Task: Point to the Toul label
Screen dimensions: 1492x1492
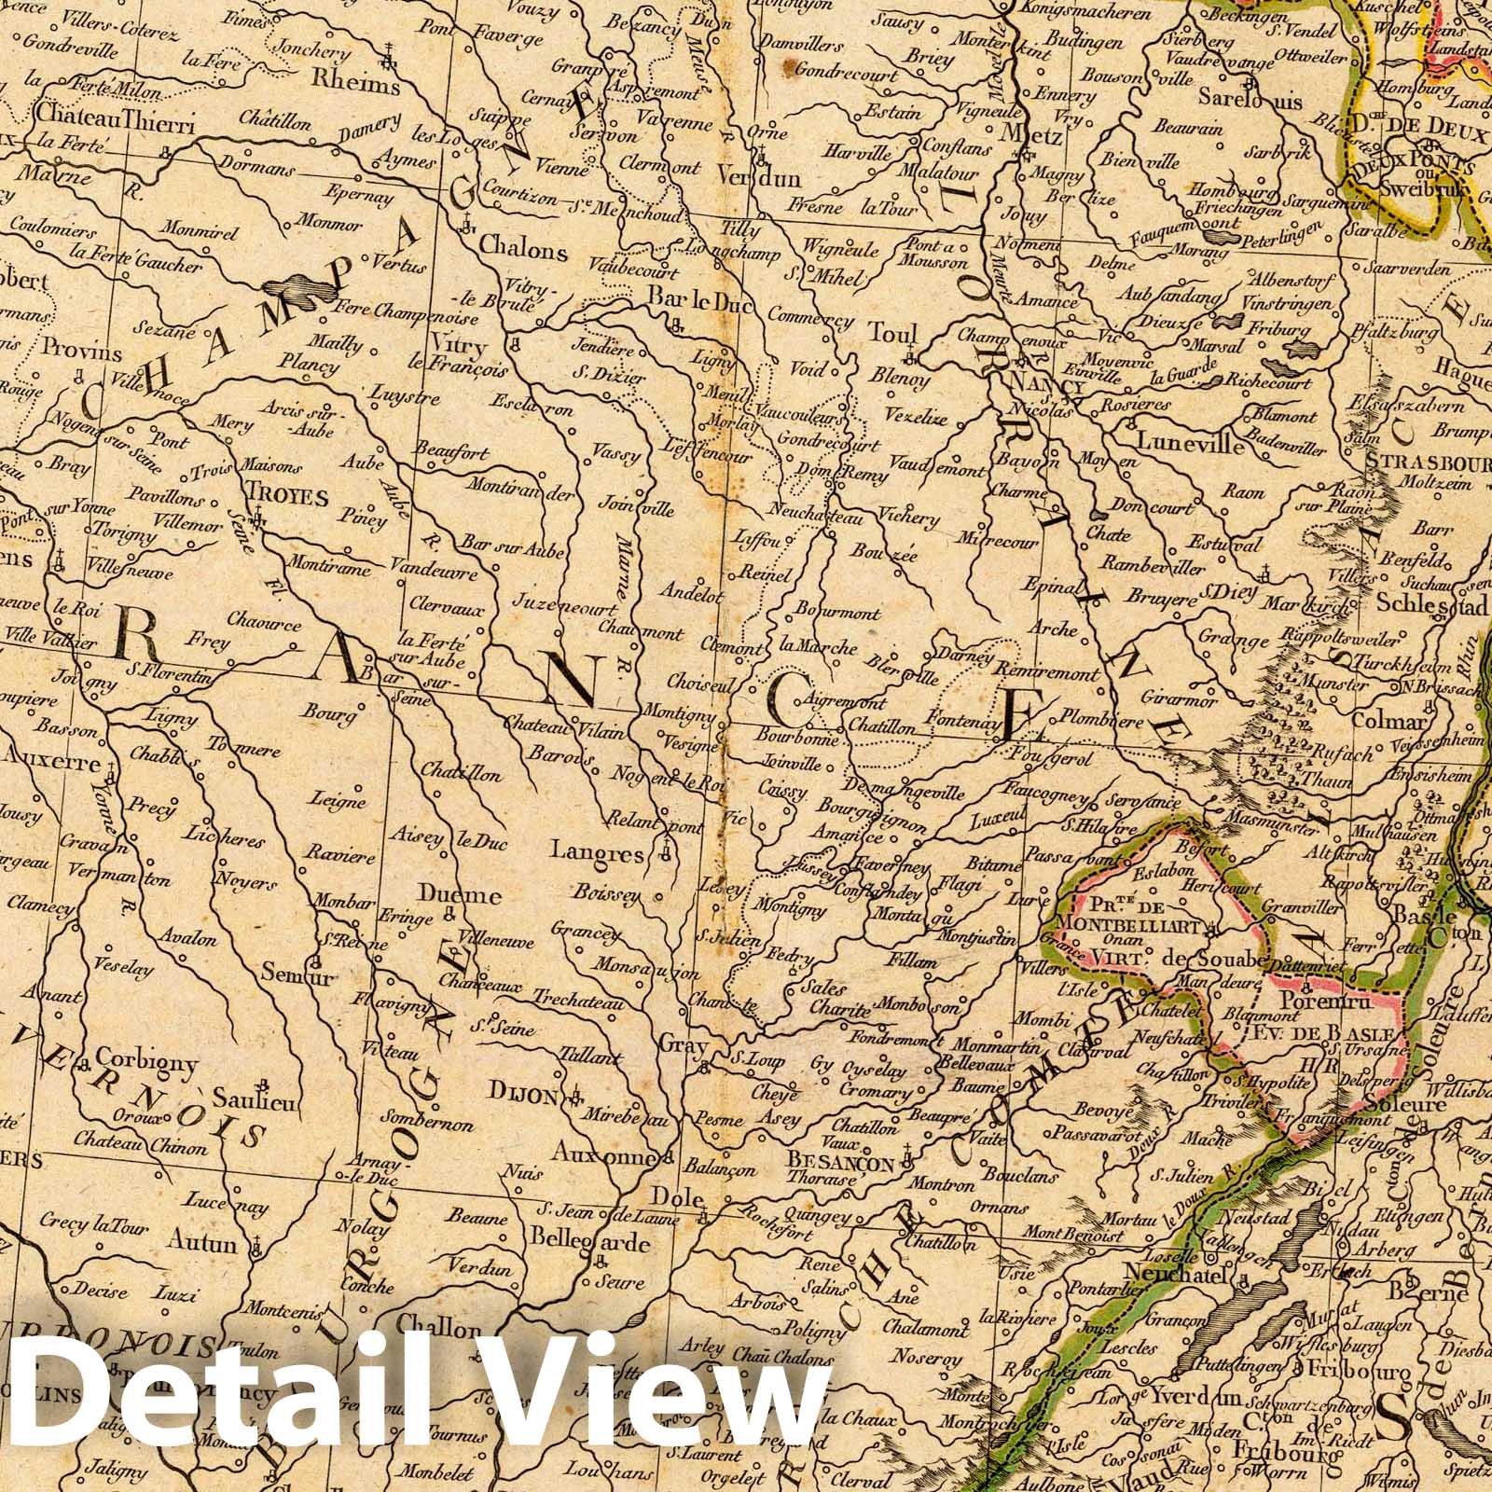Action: [892, 334]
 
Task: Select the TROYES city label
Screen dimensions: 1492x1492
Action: [287, 498]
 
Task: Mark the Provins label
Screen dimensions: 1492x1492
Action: [82, 353]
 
